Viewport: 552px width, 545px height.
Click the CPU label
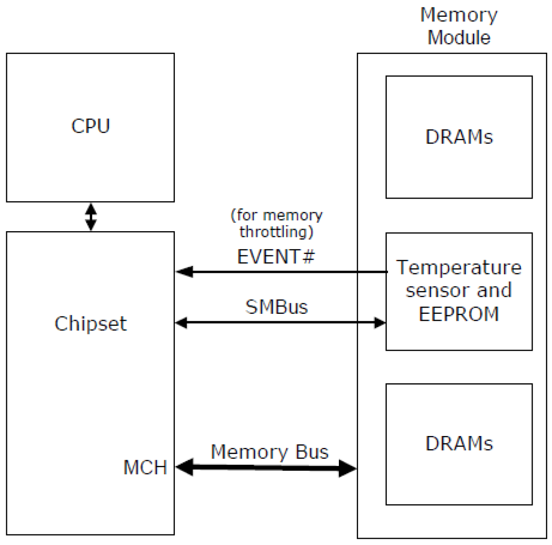(x=91, y=126)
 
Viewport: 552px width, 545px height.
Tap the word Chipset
(x=91, y=324)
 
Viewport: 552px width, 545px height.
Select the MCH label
(x=145, y=467)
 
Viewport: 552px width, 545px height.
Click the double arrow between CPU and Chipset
(x=91, y=217)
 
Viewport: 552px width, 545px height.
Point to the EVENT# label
(x=276, y=257)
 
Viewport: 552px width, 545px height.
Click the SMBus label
(x=276, y=307)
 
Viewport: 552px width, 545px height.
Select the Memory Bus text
(x=269, y=452)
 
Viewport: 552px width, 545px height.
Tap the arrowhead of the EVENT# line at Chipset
(x=184, y=272)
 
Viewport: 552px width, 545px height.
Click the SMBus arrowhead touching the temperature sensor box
(x=379, y=323)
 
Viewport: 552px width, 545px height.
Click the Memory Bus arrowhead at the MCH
(x=185, y=467)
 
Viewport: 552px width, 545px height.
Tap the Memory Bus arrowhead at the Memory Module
(x=348, y=469)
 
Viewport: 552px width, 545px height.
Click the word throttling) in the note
(x=276, y=232)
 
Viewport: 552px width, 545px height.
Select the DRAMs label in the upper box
(x=459, y=137)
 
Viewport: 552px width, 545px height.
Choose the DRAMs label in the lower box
(x=459, y=443)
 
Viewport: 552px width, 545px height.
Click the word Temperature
(x=459, y=267)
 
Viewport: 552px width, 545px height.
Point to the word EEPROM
(x=459, y=314)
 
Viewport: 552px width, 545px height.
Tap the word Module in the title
(x=459, y=37)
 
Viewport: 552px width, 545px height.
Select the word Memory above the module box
(x=459, y=15)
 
